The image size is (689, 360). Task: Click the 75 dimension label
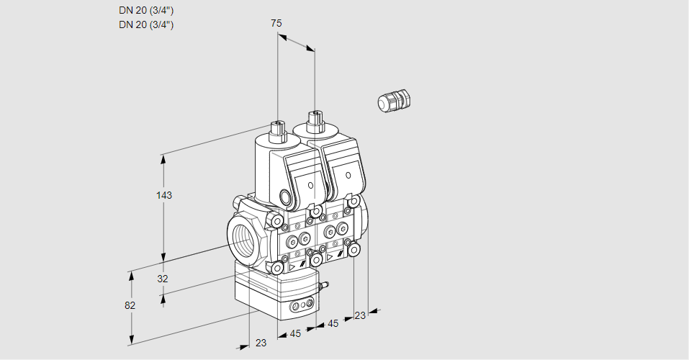click(276, 23)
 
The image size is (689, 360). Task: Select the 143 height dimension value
click(164, 195)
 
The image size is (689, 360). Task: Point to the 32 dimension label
click(163, 279)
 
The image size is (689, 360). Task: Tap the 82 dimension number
click(130, 305)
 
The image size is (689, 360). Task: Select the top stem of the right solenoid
click(313, 118)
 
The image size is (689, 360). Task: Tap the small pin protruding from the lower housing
click(323, 287)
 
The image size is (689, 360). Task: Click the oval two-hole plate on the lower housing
click(302, 308)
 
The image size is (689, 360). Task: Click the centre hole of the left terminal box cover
click(311, 185)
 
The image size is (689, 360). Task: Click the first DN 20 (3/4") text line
click(146, 10)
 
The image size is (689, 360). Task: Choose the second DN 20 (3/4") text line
click(146, 24)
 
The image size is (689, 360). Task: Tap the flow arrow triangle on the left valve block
click(292, 266)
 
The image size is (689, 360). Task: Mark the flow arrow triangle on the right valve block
click(330, 256)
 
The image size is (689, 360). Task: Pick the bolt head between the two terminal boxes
click(317, 210)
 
